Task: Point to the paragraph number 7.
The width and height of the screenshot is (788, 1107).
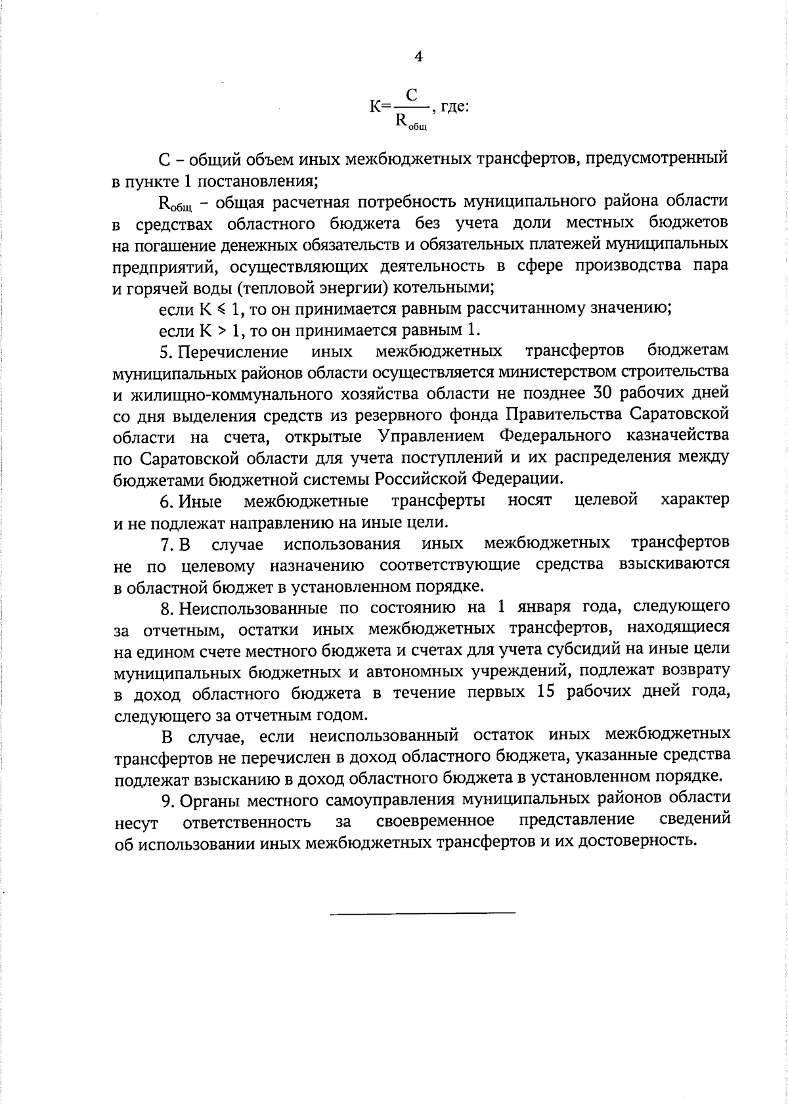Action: point(166,544)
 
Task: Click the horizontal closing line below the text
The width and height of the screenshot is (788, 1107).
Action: point(422,913)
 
